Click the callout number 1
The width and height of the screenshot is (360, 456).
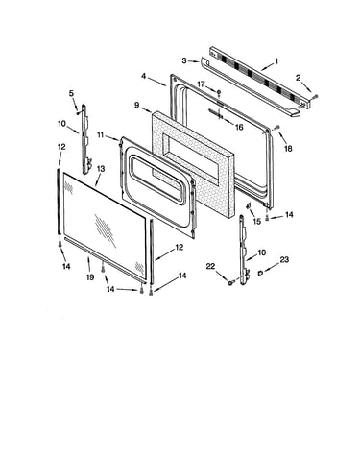276,60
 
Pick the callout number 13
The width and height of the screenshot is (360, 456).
101,169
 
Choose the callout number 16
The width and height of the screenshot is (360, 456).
239,127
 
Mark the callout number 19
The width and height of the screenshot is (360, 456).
90,277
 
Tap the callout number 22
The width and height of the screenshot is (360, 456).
210,266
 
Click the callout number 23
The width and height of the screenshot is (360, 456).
284,259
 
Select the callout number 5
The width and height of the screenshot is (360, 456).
71,93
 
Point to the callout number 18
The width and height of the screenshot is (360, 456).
288,148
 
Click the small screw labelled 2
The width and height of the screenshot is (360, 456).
316,95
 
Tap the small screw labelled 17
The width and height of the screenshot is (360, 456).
219,92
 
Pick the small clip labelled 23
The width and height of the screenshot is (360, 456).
260,273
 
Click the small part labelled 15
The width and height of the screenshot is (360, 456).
249,205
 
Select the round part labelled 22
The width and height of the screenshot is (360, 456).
229,282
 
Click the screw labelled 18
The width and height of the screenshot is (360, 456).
277,127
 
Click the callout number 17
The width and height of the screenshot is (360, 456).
201,84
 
